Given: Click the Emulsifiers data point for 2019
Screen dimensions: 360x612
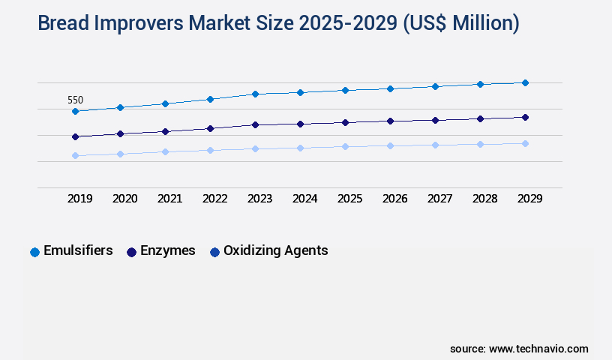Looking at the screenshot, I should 75,111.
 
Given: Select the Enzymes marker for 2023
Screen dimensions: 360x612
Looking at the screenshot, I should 255,124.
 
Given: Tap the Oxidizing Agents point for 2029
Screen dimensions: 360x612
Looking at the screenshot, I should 525,143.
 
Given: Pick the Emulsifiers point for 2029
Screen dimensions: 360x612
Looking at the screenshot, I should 525,82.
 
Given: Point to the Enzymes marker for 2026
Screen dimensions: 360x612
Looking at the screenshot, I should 390,121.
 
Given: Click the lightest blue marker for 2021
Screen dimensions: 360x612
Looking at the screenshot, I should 165,151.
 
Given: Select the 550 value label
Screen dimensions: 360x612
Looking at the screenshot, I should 75,100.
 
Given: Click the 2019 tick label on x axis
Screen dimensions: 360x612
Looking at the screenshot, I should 79,199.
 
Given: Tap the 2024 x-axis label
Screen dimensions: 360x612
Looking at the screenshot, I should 304,199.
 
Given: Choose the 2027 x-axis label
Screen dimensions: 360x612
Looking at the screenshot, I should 439,199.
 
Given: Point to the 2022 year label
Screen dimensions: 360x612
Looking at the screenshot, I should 214,199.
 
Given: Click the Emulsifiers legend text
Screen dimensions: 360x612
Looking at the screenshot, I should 78,250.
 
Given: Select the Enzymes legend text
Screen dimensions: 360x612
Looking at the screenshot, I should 168,250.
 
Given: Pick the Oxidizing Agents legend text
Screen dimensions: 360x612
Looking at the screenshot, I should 275,250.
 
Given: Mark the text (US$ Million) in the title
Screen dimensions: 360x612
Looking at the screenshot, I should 460,24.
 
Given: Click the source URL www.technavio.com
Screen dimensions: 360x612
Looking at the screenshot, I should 538,349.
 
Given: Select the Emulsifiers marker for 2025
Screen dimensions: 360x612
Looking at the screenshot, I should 345,90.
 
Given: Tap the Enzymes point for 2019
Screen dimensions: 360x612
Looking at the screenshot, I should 75,136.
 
